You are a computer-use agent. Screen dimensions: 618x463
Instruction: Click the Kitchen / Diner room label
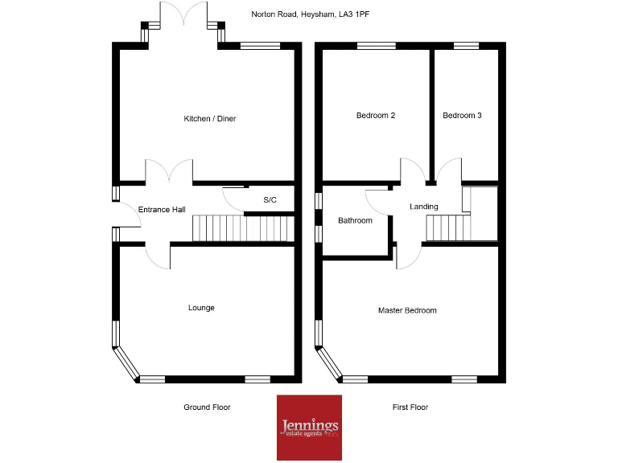(209, 119)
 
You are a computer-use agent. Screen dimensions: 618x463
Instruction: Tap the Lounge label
(201, 308)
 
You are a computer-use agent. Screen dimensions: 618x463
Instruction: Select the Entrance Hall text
(162, 210)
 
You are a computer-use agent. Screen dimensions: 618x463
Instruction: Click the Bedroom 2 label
(376, 116)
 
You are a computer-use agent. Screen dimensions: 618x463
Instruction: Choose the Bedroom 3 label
(462, 116)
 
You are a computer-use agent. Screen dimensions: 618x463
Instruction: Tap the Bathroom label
(355, 220)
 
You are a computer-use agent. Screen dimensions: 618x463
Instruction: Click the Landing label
(424, 207)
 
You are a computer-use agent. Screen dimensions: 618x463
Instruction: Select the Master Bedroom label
(407, 310)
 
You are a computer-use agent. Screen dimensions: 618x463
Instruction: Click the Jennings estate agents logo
(309, 427)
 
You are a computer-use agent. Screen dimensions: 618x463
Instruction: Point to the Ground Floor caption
(207, 408)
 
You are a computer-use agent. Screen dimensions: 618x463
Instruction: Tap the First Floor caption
(410, 408)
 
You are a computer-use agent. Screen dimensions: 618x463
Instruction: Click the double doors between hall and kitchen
(169, 171)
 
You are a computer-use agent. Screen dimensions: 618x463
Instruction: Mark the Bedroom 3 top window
(465, 46)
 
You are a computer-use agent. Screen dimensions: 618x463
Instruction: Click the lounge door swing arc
(159, 255)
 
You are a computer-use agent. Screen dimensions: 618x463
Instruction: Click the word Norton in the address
(263, 14)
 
